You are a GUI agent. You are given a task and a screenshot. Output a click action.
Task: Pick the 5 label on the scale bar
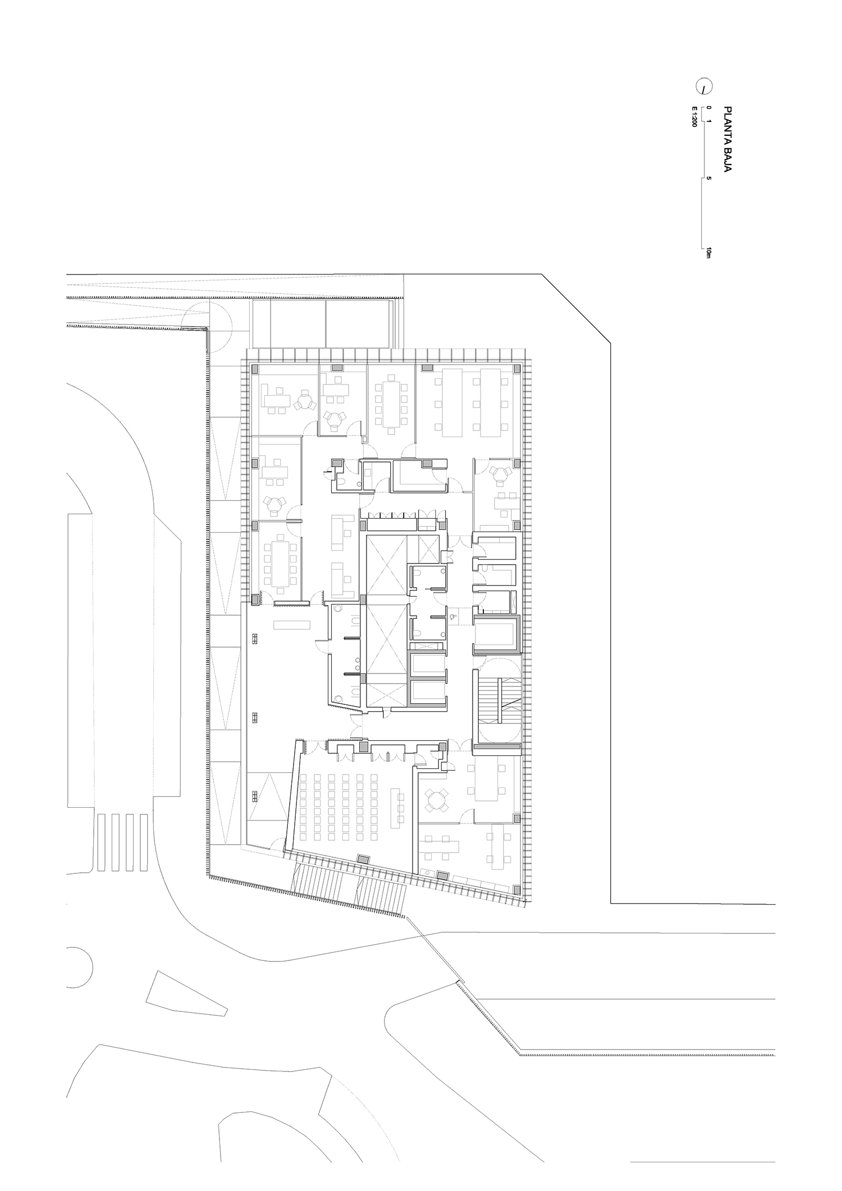[709, 178]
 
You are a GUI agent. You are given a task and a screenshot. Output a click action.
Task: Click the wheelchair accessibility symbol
[454, 616]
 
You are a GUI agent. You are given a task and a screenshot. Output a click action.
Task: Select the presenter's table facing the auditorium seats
[400, 808]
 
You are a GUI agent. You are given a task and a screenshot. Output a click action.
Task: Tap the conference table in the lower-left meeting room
[279, 564]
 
